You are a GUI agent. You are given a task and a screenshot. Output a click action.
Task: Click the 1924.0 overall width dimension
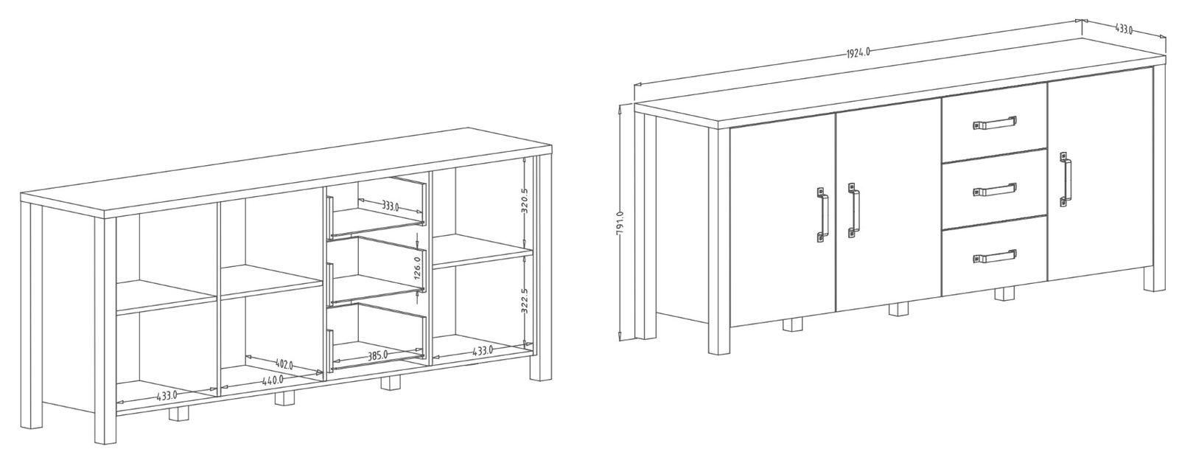point(858,52)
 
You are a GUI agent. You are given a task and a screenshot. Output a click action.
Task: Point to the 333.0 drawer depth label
point(390,206)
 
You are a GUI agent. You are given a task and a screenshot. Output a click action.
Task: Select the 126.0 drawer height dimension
point(417,267)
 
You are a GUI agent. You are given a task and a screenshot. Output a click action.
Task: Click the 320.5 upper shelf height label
point(525,201)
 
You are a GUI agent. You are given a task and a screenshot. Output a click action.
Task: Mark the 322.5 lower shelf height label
point(525,302)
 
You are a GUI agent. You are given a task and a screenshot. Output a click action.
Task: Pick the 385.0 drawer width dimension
point(377,356)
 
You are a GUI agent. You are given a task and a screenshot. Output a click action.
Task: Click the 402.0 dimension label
point(284,363)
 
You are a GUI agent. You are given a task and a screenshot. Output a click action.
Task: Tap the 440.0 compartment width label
point(273,380)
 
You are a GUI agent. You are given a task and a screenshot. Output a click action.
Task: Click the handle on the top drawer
point(994,123)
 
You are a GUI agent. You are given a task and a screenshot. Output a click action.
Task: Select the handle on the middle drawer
point(994,189)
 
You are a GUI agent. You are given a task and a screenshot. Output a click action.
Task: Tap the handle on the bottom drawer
point(994,257)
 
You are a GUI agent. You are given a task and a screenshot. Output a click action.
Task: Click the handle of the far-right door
point(1066,179)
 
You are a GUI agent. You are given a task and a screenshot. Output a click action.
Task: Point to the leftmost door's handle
point(822,215)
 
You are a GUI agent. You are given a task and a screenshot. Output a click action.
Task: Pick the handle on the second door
point(853,211)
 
